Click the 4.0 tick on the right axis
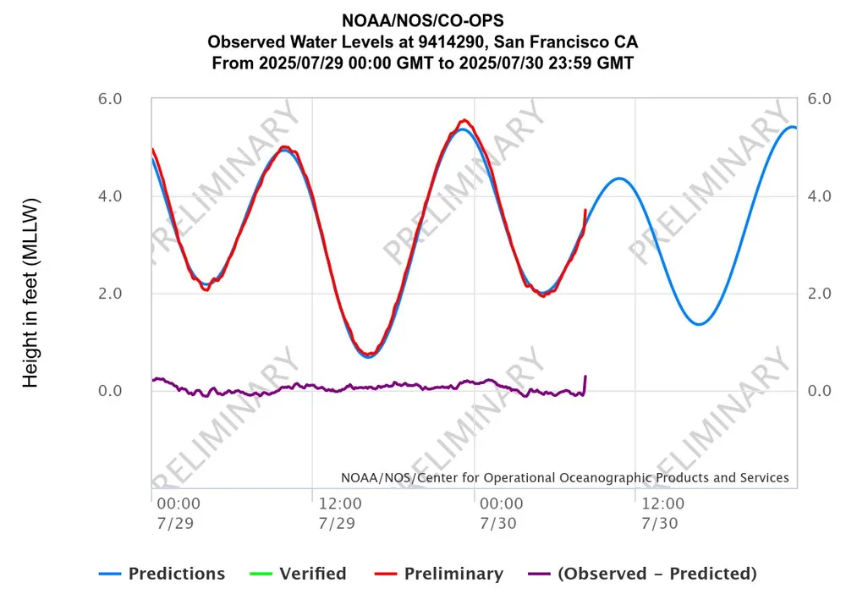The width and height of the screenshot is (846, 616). (x=820, y=196)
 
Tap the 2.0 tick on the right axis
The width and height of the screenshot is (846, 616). (x=820, y=294)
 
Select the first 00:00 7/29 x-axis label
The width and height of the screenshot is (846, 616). (x=179, y=513)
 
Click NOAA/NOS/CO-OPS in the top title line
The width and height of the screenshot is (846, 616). (x=422, y=21)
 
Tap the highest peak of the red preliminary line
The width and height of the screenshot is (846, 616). (x=464, y=120)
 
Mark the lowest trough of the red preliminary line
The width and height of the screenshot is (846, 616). (x=367, y=354)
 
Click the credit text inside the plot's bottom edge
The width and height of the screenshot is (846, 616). (x=564, y=478)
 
